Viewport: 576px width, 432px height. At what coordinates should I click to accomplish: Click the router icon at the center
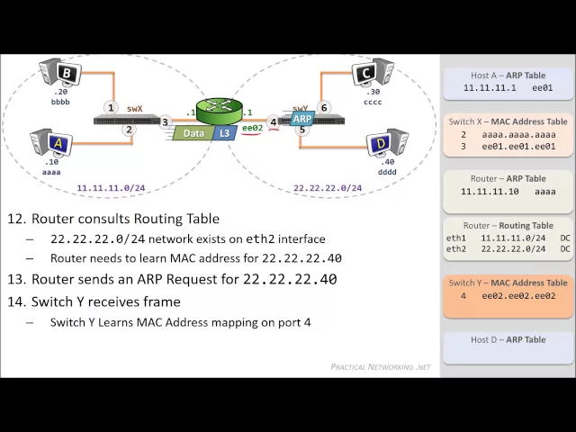(219, 111)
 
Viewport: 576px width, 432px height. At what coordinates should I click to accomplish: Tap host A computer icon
(52, 141)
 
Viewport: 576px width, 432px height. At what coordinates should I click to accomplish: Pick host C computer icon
(372, 73)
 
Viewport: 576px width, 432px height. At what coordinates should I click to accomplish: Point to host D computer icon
(387, 143)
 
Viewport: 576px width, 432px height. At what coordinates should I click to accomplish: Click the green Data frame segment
(193, 133)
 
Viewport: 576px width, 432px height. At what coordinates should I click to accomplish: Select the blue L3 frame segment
(224, 133)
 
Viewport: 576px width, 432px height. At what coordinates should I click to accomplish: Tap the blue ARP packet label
(302, 119)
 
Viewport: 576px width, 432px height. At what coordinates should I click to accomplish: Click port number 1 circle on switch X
(111, 107)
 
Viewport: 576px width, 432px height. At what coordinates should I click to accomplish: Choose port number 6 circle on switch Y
(325, 107)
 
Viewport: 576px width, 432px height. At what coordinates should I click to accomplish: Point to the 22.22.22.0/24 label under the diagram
(328, 189)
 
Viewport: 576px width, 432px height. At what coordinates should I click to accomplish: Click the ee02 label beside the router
(252, 128)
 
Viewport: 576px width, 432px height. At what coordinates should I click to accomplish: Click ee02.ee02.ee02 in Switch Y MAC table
(518, 295)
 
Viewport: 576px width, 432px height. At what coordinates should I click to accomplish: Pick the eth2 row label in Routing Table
(456, 248)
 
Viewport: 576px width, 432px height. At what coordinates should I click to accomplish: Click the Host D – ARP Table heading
(508, 339)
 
